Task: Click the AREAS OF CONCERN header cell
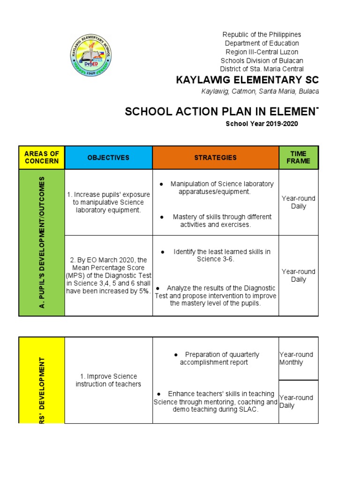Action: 42,157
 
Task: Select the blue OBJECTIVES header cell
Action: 108,157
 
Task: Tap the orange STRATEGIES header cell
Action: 216,157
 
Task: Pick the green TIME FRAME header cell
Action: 299,157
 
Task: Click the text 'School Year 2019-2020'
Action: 262,124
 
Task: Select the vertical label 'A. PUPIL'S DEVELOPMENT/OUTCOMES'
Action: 42,242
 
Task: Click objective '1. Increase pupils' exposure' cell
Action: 108,202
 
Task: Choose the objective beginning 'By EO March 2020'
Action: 108,276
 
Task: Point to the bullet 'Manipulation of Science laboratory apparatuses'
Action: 216,188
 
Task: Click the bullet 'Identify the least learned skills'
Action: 216,255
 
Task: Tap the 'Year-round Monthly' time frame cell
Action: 298,359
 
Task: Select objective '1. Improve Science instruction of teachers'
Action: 108,380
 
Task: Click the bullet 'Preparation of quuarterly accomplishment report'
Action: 216,359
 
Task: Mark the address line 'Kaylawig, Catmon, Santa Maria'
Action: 260,91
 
